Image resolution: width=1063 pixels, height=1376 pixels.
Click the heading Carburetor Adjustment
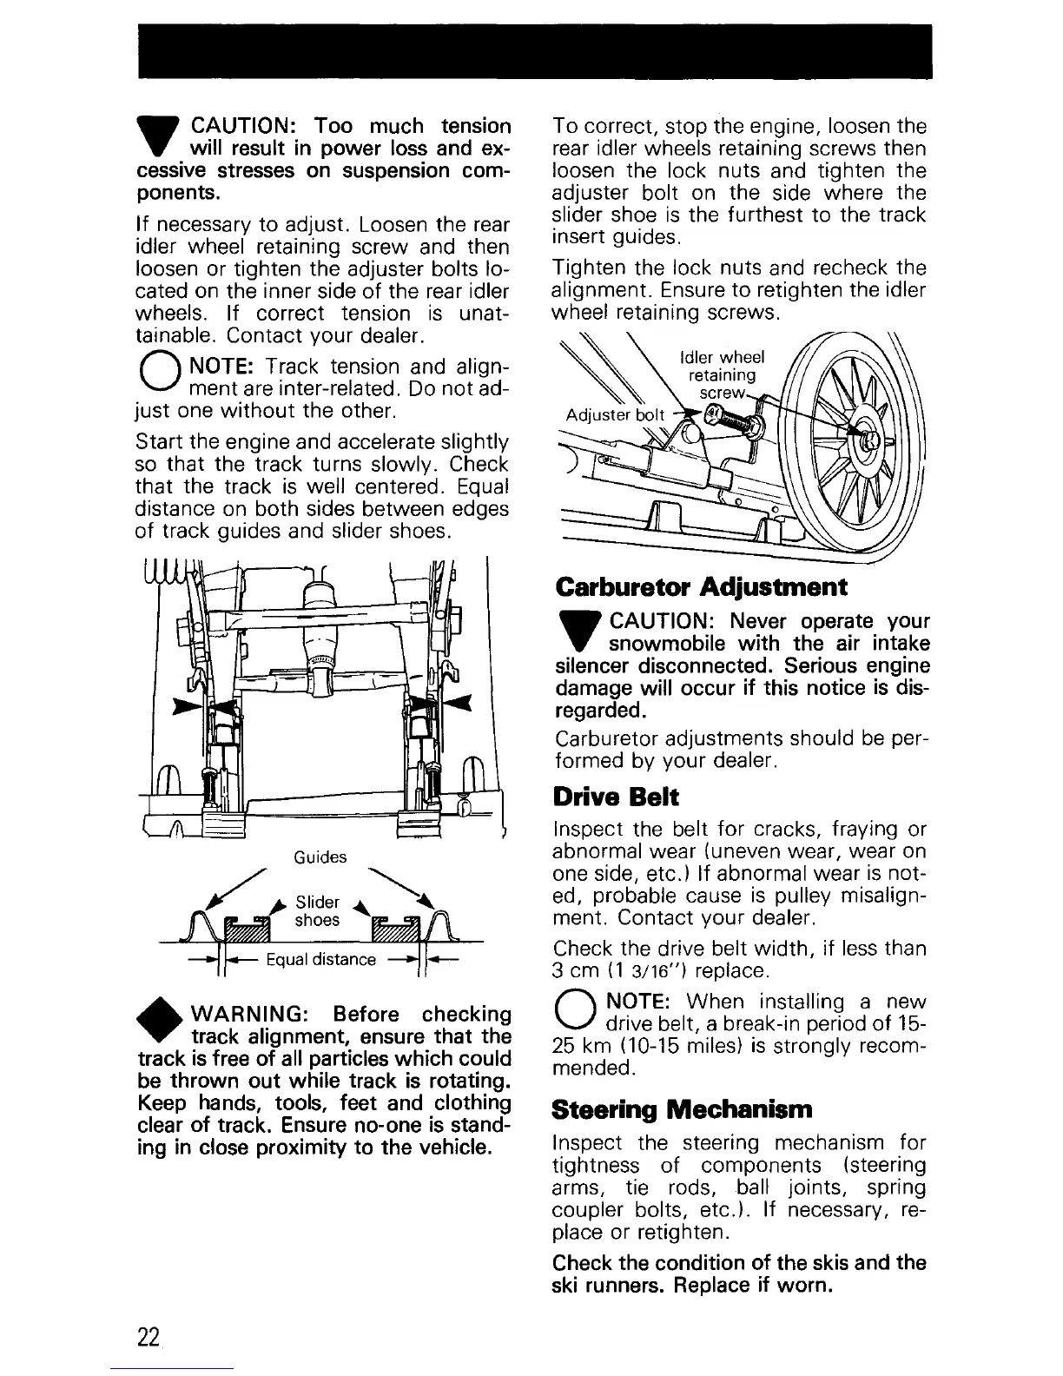[x=701, y=586]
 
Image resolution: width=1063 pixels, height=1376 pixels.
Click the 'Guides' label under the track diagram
[x=320, y=857]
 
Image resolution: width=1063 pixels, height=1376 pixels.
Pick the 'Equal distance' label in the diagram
[x=320, y=959]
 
